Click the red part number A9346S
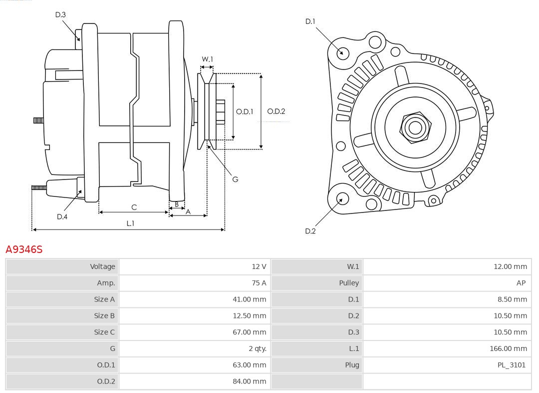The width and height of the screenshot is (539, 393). (x=24, y=249)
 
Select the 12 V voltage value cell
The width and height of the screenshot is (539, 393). (x=259, y=266)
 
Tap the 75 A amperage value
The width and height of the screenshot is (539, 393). (x=259, y=283)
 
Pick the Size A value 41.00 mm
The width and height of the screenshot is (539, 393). (x=249, y=299)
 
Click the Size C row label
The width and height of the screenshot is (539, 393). (x=104, y=332)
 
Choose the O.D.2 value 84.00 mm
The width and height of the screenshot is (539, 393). (x=249, y=381)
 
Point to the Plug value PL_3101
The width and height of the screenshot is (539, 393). (x=512, y=365)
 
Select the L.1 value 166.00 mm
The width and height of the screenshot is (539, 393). (x=508, y=348)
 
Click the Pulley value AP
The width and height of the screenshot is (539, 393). (x=521, y=283)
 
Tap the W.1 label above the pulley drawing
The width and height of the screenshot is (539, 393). (x=207, y=59)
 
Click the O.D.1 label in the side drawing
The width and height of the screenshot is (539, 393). (x=245, y=111)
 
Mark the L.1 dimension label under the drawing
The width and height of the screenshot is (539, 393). (x=130, y=223)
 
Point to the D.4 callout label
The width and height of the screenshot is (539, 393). (x=62, y=216)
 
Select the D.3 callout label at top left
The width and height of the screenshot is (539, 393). (x=60, y=14)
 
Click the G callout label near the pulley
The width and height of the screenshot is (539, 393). (x=235, y=179)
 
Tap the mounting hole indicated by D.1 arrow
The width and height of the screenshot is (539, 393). (x=342, y=52)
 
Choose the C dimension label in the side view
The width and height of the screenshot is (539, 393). (x=134, y=207)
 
